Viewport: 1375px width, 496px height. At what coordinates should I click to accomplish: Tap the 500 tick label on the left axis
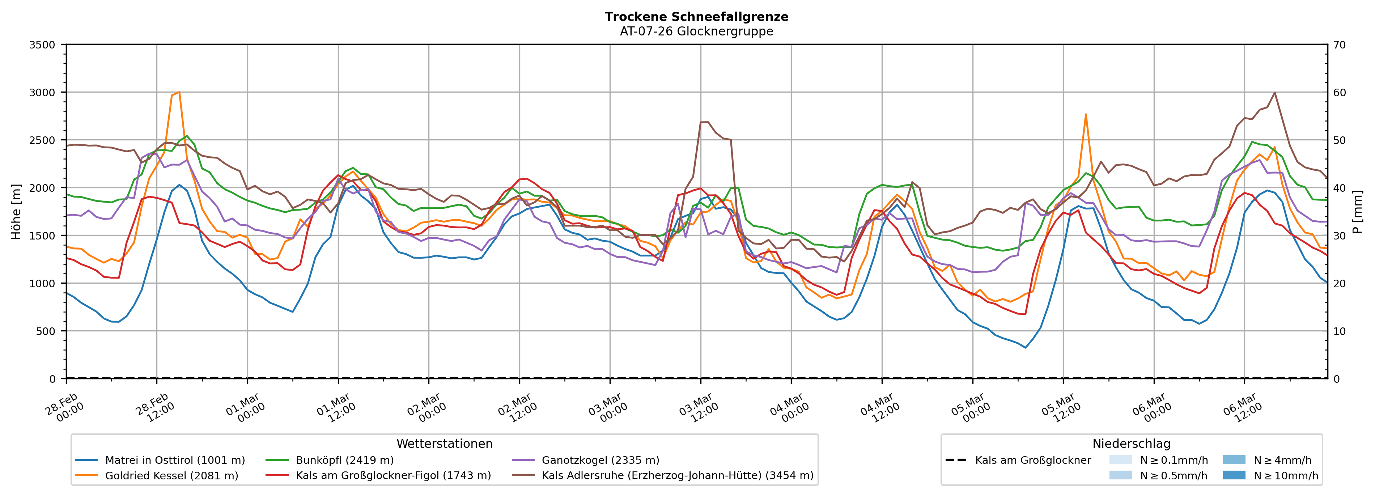[x=45, y=331]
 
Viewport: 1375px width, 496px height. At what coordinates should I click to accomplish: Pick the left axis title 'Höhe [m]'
[x=16, y=211]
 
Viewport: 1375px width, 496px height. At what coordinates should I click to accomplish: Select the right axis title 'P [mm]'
[x=1357, y=211]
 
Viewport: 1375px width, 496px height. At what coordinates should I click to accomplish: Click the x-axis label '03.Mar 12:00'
[x=698, y=408]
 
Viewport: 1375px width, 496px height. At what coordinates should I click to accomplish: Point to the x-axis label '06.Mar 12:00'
[x=1242, y=408]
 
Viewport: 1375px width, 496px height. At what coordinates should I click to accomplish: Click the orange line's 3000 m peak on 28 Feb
[x=179, y=92]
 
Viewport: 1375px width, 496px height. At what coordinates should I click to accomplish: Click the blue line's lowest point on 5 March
[x=1025, y=348]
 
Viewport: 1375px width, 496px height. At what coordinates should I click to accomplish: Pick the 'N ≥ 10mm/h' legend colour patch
[x=1234, y=475]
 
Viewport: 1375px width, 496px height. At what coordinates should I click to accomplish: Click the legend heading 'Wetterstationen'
[x=444, y=444]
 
